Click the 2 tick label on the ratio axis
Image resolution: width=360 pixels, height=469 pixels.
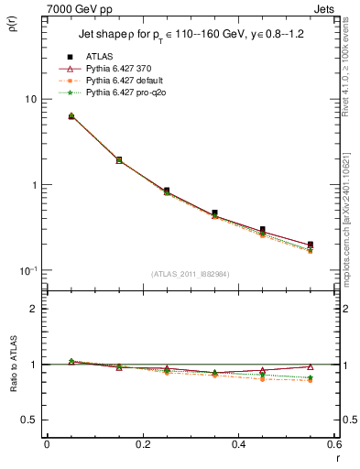(33, 309)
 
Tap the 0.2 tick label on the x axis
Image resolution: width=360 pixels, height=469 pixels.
(142, 445)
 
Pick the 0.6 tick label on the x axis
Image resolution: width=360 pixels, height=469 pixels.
(333, 445)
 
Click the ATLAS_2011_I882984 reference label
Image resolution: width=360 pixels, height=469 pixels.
(190, 273)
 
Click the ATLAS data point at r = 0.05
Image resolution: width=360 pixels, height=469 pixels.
(71, 116)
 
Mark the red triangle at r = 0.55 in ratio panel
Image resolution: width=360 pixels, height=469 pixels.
(311, 366)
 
